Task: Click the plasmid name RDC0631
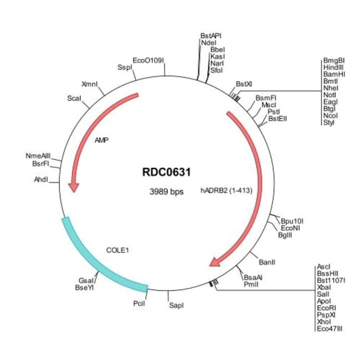(x=166, y=172)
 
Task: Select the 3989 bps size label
(x=166, y=192)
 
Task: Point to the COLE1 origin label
(x=117, y=250)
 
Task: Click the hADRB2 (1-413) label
(x=226, y=190)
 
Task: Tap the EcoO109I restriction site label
(x=148, y=59)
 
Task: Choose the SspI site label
(x=125, y=67)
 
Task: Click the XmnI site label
(x=89, y=84)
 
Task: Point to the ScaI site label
(x=74, y=98)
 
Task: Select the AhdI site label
(x=41, y=179)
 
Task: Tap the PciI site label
(x=139, y=304)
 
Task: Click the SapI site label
(x=176, y=305)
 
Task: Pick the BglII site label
(x=285, y=235)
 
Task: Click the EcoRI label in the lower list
(x=326, y=308)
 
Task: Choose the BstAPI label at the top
(x=211, y=35)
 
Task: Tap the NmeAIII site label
(x=38, y=156)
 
